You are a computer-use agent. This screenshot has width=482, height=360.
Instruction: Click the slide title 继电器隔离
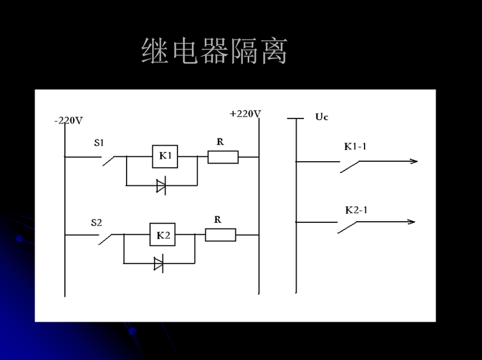tap(214, 52)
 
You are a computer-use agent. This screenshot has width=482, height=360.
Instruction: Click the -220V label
tap(68, 120)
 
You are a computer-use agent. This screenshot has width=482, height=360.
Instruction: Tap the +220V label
tap(245, 114)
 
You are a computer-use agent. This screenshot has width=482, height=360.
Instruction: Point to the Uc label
tap(321, 117)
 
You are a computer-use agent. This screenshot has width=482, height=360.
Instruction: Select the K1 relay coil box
tap(165, 156)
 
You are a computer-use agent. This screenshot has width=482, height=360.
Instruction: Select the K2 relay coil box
tap(163, 235)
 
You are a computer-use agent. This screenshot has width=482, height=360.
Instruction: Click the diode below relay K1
tap(161, 185)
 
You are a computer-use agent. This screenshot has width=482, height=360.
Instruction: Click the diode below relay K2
tap(158, 264)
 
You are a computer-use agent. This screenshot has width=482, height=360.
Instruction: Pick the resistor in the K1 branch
tap(222, 157)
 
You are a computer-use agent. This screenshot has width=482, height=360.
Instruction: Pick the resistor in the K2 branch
tap(220, 235)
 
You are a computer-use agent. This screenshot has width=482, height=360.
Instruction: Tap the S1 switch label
tap(99, 143)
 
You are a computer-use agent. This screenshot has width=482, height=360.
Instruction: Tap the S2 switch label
tap(96, 222)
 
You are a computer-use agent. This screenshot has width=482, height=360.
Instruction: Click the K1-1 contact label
tap(356, 147)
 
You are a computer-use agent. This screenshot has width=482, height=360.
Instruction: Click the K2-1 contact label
tap(356, 210)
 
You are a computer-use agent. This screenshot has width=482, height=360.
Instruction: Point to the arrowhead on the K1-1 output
tap(413, 161)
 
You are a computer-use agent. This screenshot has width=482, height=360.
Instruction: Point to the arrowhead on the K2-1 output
tap(410, 222)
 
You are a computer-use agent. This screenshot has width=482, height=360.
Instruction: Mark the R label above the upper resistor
tap(220, 141)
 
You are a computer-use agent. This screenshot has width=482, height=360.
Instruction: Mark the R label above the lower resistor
tap(218, 219)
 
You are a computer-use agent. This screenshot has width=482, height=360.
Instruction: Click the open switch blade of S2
tap(106, 239)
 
